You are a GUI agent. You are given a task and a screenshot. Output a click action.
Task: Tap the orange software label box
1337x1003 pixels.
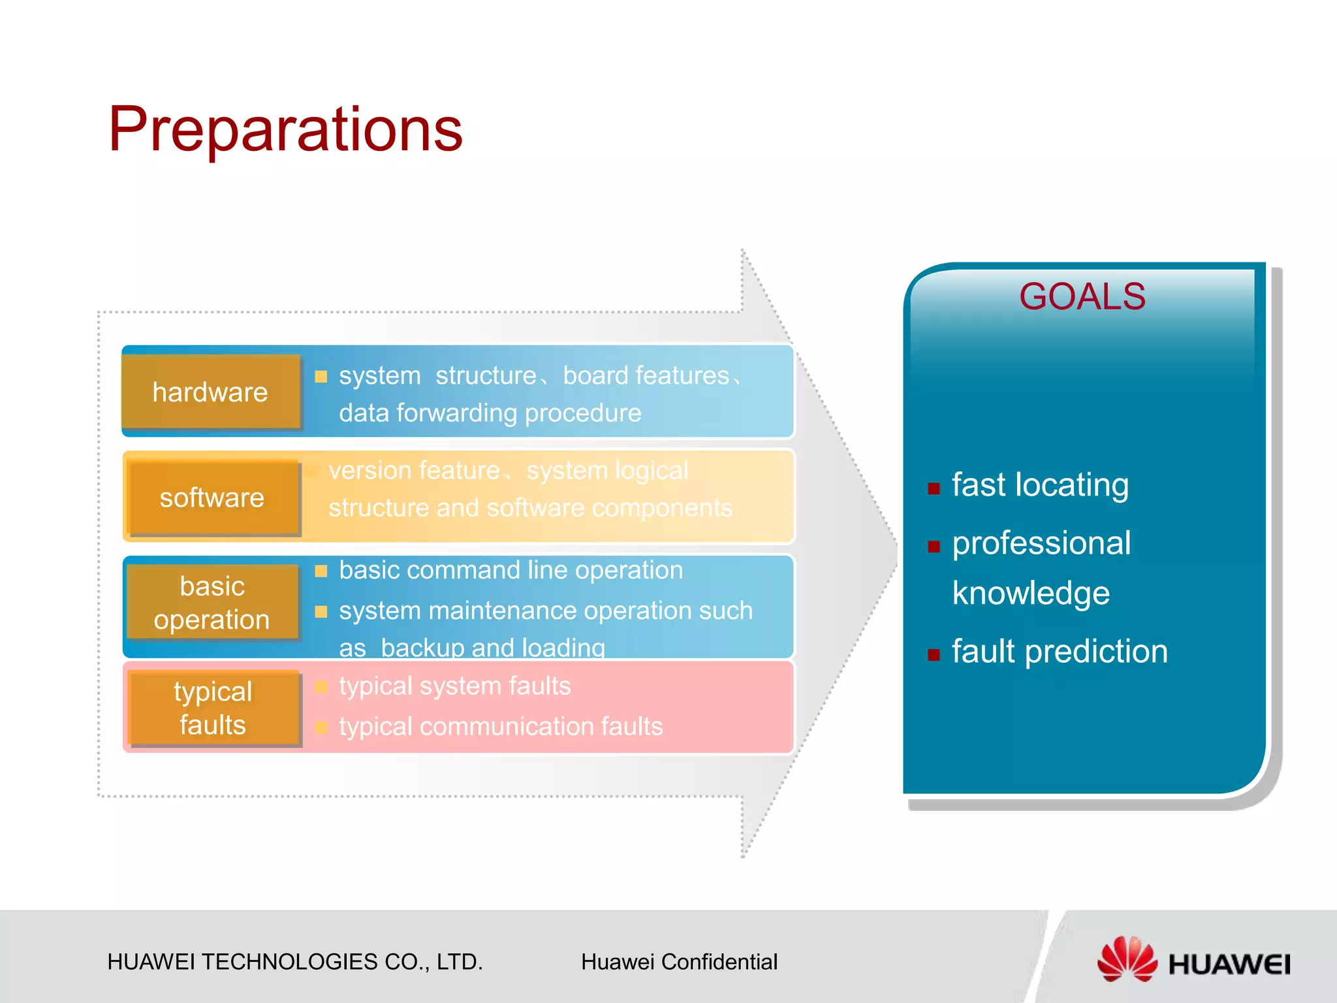pyautogui.click(x=213, y=498)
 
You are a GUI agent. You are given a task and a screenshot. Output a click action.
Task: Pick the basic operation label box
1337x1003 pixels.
pyautogui.click(x=212, y=602)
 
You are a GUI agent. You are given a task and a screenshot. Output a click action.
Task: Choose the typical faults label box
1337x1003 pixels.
pyautogui.click(x=214, y=708)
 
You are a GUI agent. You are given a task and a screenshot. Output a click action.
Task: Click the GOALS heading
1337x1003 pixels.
pyautogui.click(x=1082, y=296)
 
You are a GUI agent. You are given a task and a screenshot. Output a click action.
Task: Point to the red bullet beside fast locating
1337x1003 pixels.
pyautogui.click(x=934, y=488)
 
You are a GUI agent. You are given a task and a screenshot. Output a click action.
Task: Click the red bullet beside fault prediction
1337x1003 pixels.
pyautogui.click(x=934, y=655)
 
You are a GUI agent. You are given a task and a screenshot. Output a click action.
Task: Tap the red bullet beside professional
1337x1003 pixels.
pyautogui.click(x=934, y=547)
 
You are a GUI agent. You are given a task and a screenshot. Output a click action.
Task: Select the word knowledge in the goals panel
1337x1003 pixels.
pyautogui.click(x=1031, y=594)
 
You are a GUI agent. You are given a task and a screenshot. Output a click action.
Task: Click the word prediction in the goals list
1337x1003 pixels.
pyautogui.click(x=1097, y=652)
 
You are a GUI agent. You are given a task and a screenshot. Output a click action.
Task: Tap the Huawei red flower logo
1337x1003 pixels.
pyautogui.click(x=1127, y=959)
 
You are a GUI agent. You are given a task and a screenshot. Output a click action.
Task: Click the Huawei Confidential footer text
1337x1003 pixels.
pyautogui.click(x=679, y=962)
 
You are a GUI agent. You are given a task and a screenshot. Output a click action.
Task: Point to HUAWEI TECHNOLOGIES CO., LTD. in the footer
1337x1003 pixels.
pyautogui.click(x=295, y=962)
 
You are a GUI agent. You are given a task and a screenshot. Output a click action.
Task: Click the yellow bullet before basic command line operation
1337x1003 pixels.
pyautogui.click(x=321, y=571)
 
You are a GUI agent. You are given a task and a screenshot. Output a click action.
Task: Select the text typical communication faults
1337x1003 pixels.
pyautogui.click(x=501, y=726)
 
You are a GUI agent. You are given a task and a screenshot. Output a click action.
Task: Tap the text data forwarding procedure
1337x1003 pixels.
pyautogui.click(x=490, y=413)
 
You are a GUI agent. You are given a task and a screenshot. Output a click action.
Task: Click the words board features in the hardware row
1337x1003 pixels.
pyautogui.click(x=646, y=375)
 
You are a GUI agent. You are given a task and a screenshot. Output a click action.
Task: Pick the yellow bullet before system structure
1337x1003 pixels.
pyautogui.click(x=321, y=376)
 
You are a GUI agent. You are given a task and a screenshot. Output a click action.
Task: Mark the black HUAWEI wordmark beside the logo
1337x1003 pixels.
pyautogui.click(x=1229, y=964)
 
